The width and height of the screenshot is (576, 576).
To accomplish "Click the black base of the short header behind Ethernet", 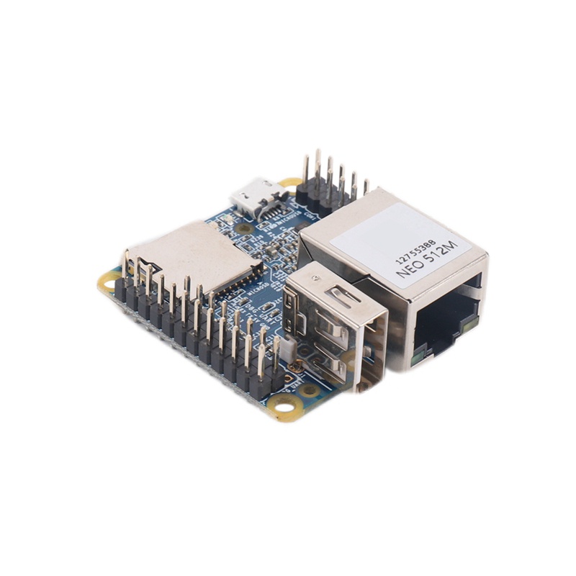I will (324, 194).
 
